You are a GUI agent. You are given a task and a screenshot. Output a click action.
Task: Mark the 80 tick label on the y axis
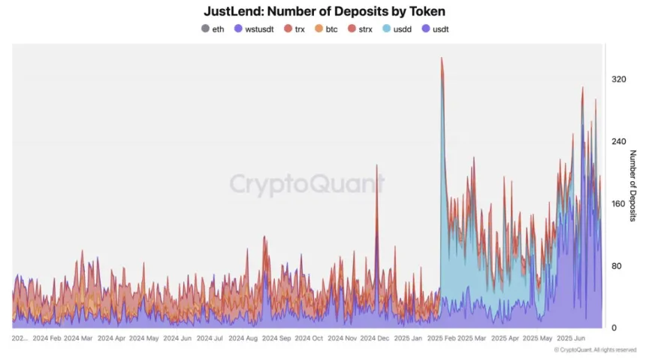(619, 266)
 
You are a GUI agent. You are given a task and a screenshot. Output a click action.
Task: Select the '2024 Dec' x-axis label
(376, 339)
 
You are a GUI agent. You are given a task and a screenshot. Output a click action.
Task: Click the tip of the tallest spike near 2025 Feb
(442, 58)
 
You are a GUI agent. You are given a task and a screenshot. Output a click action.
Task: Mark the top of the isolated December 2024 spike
(377, 165)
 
